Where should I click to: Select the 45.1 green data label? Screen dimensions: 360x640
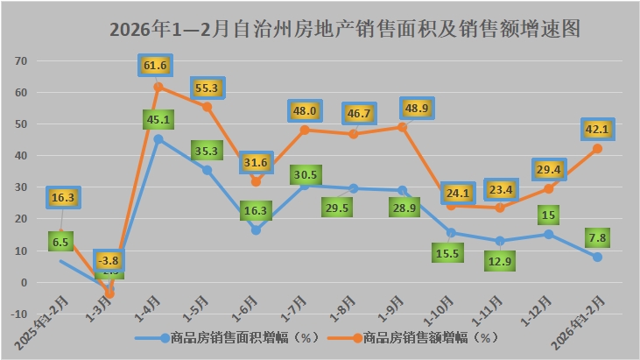point(158,119)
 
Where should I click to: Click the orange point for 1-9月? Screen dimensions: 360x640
point(402,127)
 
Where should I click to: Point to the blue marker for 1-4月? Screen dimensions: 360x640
point(158,138)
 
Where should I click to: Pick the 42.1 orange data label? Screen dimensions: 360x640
point(597,130)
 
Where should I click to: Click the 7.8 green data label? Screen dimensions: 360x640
point(597,235)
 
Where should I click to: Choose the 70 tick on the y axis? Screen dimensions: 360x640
point(23,61)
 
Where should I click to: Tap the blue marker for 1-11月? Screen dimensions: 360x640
point(500,241)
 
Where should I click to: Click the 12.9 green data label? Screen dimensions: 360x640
point(500,260)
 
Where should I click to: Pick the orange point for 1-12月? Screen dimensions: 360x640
point(549,188)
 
